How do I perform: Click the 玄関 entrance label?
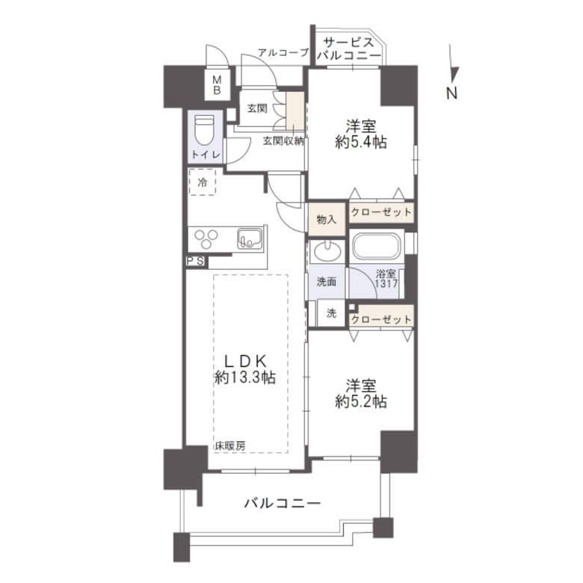tap(257, 108)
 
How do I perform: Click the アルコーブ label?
tap(283, 52)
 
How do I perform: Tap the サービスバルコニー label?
tap(347, 49)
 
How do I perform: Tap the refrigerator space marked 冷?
tap(203, 182)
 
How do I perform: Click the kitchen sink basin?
tap(248, 239)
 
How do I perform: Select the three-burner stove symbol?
tap(206, 239)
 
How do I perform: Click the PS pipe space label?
tap(196, 261)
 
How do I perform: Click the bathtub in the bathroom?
tap(377, 247)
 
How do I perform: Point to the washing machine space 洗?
tap(330, 314)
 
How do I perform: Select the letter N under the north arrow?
tap(451, 93)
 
